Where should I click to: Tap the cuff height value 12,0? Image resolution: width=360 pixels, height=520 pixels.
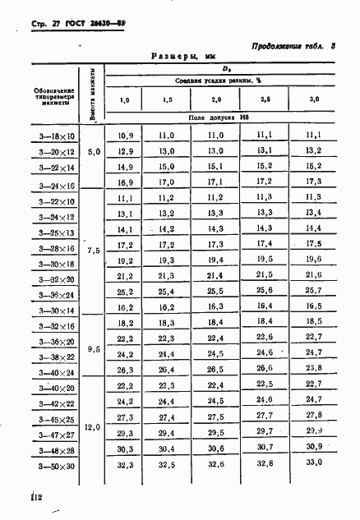coord(94,426)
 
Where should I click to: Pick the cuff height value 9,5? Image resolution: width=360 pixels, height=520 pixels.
coord(94,348)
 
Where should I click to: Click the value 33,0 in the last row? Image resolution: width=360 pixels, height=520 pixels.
coord(314,464)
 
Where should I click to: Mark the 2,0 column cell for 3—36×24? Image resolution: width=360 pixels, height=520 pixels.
coord(215,291)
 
